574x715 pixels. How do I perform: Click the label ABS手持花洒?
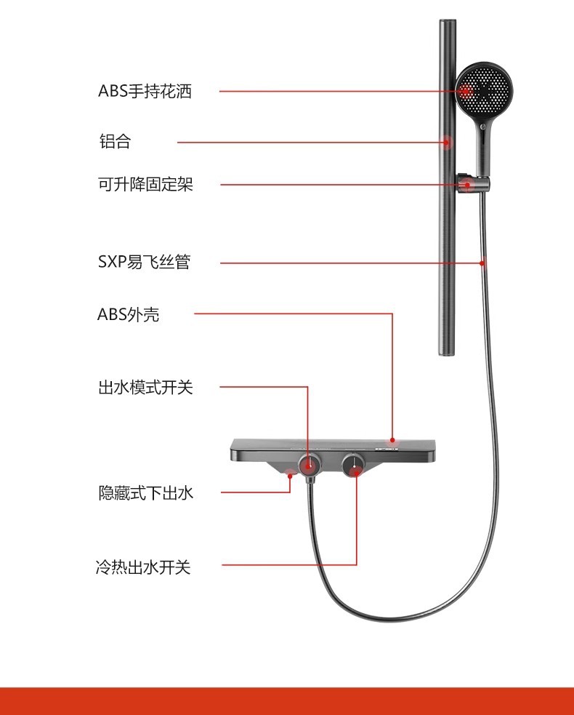pos(145,92)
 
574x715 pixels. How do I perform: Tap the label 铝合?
pos(115,142)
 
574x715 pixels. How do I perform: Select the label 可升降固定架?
pos(145,185)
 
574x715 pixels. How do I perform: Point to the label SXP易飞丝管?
pos(144,262)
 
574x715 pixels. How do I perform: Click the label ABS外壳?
pos(129,314)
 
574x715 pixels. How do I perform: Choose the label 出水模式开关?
pos(145,387)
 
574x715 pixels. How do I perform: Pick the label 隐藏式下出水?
pos(145,493)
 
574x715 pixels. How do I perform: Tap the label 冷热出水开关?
pos(142,567)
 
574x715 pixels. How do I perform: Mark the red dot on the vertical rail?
pos(448,143)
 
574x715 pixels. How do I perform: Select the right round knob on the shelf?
pos(355,463)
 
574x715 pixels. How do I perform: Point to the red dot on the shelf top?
pos(392,440)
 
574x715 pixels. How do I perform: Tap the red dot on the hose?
pos(482,263)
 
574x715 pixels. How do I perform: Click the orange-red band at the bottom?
pos(287,700)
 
